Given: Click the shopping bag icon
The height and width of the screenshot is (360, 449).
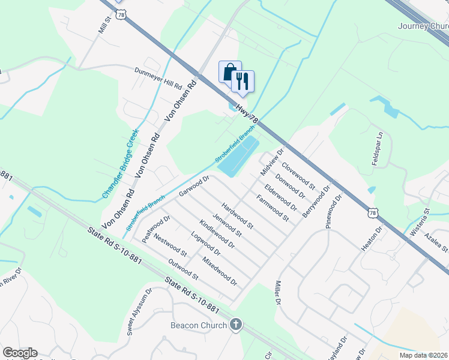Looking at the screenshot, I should tap(230, 72).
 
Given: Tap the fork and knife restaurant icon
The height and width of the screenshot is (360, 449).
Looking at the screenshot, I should tap(243, 81).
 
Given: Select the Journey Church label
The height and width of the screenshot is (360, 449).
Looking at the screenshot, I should tap(423, 26).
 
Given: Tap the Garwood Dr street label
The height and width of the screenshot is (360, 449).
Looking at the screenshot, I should tap(193, 186).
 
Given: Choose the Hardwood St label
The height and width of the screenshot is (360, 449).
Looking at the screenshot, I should tap(238, 217).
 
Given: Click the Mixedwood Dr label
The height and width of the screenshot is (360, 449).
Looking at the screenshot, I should tap(220, 271).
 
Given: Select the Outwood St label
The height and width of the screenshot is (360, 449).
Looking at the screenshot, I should tap(183, 269).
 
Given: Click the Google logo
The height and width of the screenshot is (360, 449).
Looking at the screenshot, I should tap(20, 353).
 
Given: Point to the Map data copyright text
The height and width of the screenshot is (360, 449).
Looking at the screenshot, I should tap(424, 355).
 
